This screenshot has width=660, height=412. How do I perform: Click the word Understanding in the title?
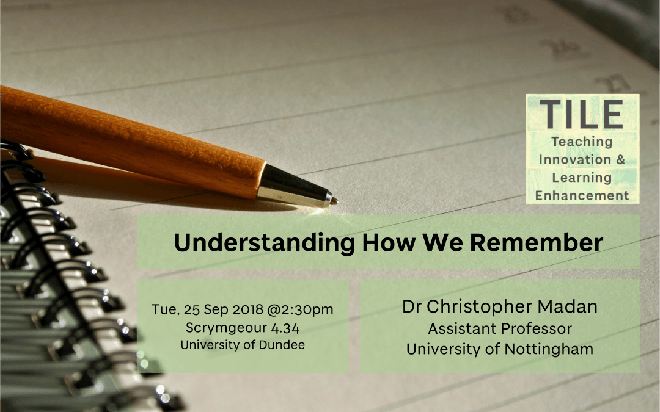point(265,243)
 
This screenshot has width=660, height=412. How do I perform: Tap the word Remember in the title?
point(537,242)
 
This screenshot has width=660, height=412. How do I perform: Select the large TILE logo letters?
point(582,114)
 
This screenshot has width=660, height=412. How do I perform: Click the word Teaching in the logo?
point(582,142)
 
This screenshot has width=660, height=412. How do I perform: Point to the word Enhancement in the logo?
point(582,195)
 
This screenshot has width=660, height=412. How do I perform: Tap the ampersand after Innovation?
point(620,159)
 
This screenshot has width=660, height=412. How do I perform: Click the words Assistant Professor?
point(500,328)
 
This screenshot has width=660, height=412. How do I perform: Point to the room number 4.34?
point(285,328)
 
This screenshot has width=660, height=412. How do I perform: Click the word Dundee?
point(282,345)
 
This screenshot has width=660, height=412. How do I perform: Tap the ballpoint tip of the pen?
point(335,201)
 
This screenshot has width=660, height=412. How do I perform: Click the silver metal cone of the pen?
point(295,186)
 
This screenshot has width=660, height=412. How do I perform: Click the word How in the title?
point(389,242)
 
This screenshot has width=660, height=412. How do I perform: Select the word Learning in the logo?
point(582,178)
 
